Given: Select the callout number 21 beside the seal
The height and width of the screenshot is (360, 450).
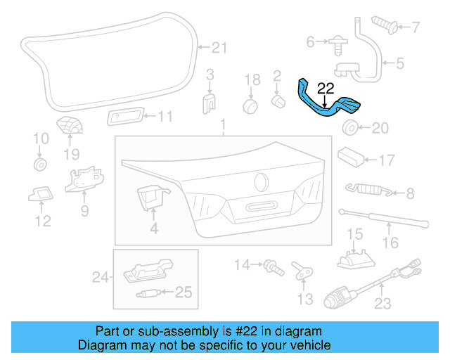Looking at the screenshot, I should (219, 48).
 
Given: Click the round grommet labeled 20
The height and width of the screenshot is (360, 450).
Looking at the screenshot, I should (349, 128).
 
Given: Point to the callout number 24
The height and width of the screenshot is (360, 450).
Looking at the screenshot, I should (99, 278).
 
